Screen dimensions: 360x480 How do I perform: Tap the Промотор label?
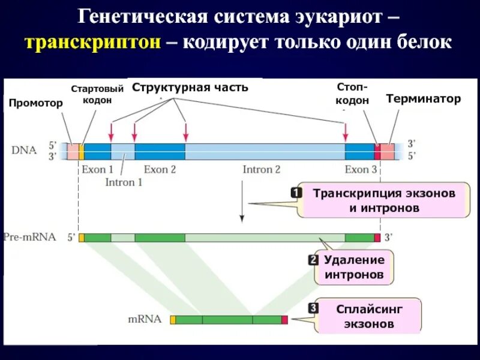coord(35,103)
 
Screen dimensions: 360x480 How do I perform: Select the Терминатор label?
coord(424,99)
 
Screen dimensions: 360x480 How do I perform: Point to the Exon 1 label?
coord(97,170)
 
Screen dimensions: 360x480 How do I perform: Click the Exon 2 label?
coord(160,170)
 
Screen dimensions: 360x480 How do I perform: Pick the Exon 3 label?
coord(361,170)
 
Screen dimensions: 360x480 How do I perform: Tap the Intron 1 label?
coord(124,182)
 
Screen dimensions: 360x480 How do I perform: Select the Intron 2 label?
coord(261,170)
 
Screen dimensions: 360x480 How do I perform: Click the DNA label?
coord(23,150)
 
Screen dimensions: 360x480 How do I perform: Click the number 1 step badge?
coord(296,193)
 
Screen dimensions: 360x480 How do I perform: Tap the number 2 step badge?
coord(313,260)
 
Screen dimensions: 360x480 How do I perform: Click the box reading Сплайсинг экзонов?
coord(369,316)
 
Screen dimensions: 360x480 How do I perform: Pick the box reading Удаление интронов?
coord(354,268)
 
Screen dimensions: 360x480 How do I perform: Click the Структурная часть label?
coord(190,88)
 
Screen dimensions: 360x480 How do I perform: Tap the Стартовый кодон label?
coord(97,95)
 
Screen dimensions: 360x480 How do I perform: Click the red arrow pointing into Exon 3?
coord(345,131)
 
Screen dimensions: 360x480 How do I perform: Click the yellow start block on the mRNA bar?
coord(173,320)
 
